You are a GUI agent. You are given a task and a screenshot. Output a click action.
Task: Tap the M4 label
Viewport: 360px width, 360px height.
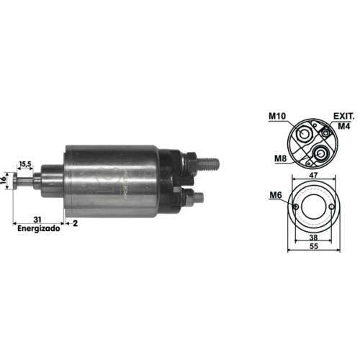344,127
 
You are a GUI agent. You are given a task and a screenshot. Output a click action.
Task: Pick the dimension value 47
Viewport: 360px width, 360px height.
313,174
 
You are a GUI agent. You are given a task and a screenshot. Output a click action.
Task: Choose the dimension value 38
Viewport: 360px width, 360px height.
313,236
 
